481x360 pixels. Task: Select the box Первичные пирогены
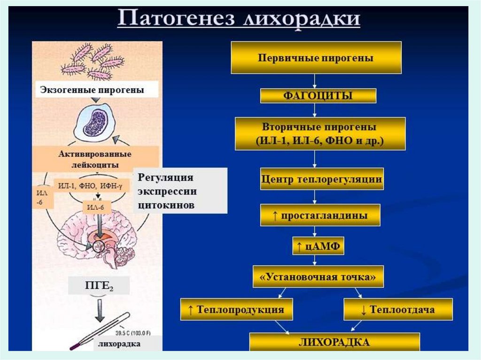(x=316, y=58)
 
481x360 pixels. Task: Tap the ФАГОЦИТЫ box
(x=318, y=96)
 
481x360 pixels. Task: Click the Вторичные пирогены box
(x=319, y=134)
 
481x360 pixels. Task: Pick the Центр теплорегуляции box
(x=322, y=179)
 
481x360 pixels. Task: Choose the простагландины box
(x=320, y=215)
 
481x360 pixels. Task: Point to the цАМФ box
(x=318, y=245)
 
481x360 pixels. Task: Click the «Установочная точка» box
(x=318, y=276)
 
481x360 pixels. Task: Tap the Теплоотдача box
(x=398, y=309)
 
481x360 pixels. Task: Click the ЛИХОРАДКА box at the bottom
(x=334, y=342)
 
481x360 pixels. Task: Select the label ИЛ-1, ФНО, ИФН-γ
(x=91, y=186)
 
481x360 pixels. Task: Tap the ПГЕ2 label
(x=98, y=285)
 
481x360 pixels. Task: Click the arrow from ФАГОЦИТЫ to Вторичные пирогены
(x=315, y=110)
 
